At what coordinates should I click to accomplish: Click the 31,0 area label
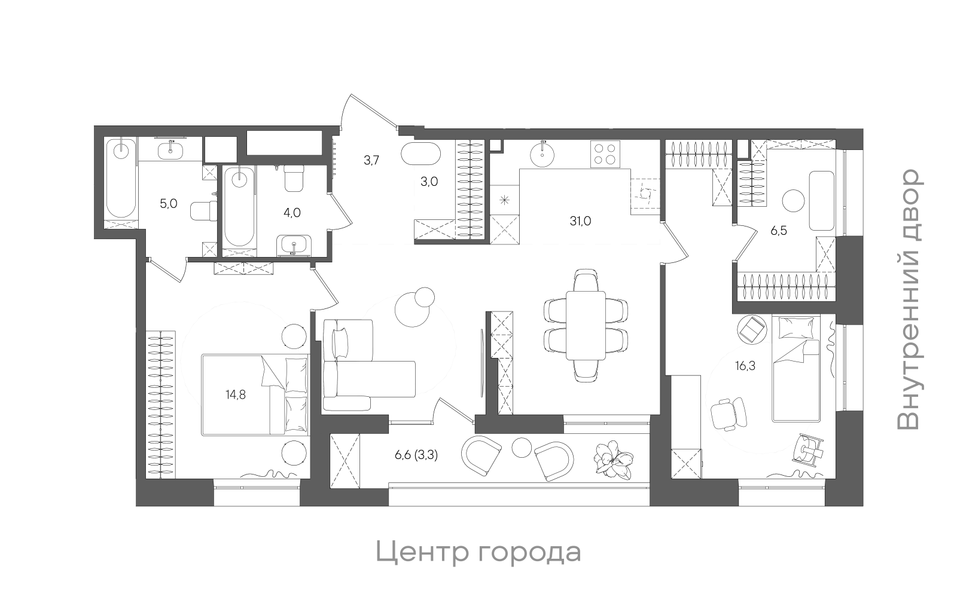tap(580, 221)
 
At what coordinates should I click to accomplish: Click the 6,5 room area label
tap(778, 231)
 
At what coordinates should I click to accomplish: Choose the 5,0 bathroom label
tap(168, 204)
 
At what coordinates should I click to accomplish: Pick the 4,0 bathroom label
tap(292, 213)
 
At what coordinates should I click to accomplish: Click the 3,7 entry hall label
tap(371, 160)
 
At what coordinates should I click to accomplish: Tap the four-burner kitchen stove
tap(605, 153)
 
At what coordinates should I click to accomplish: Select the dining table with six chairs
tap(586, 325)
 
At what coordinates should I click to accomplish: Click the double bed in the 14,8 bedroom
tap(254, 394)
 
